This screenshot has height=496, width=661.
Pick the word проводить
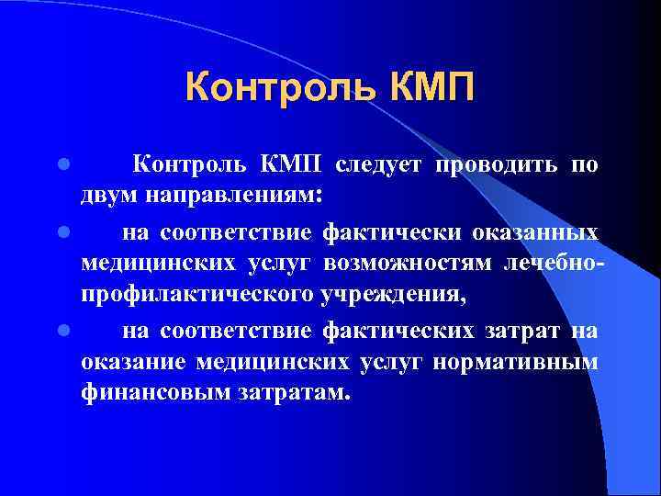pyautogui.click(x=492, y=165)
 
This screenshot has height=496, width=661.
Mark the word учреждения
pyautogui.click(x=395, y=297)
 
